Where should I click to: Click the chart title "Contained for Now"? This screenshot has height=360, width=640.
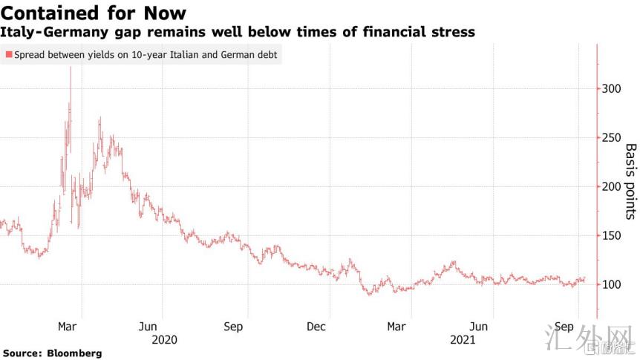(x=93, y=13)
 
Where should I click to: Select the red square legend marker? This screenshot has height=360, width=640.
(x=8, y=55)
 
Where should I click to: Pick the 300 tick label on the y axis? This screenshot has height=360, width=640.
(x=610, y=88)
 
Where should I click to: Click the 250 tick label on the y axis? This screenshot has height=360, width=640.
(x=610, y=137)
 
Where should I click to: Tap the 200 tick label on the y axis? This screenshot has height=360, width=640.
(x=610, y=186)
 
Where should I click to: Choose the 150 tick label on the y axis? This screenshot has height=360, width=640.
(x=610, y=235)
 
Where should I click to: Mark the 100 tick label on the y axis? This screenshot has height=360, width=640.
(x=610, y=284)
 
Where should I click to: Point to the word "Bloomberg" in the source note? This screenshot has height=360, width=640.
(x=76, y=353)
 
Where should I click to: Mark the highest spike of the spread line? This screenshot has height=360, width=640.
(x=71, y=68)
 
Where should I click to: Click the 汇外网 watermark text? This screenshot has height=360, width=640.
(x=598, y=341)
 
